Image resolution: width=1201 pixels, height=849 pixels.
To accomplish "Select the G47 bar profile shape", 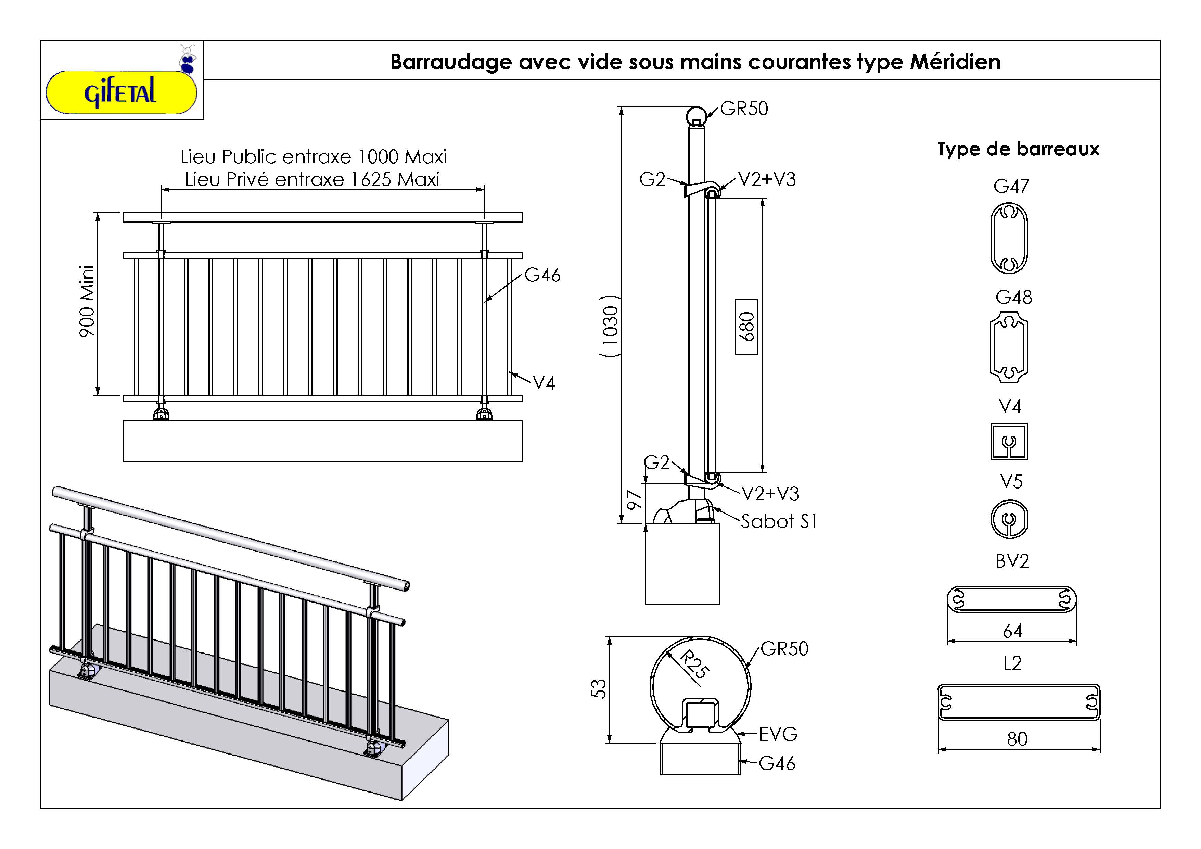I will click(1009, 238).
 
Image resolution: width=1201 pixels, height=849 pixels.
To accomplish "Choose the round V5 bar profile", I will click(1009, 519).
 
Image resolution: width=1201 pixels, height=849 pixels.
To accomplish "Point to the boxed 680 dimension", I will click(746, 327).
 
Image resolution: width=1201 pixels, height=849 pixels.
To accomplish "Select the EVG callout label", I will click(778, 734).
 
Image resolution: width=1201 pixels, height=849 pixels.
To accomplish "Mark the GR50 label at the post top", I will click(744, 109).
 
